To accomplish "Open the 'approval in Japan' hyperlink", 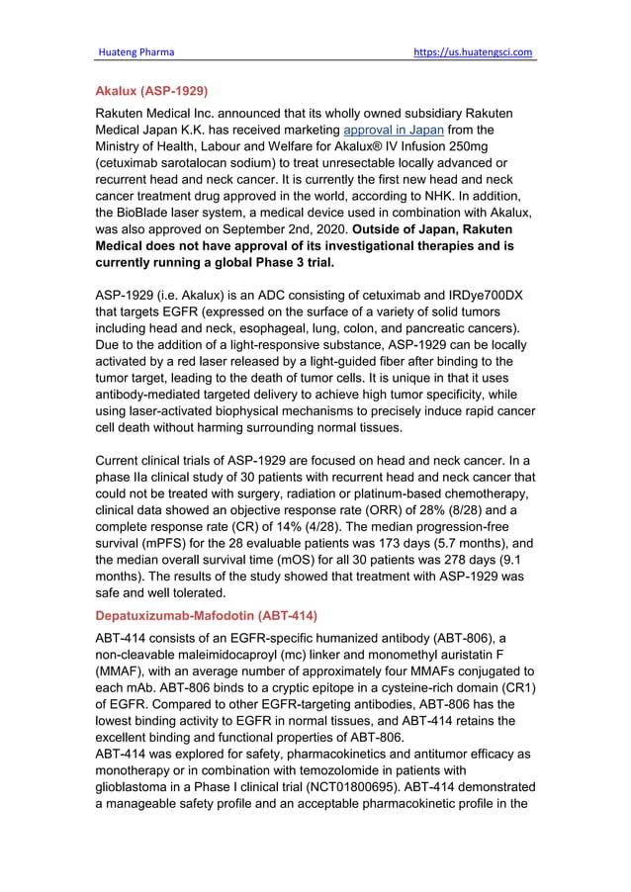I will (393, 131).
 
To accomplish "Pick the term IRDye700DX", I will (482, 297).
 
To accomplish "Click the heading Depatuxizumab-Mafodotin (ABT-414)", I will (206, 616).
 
